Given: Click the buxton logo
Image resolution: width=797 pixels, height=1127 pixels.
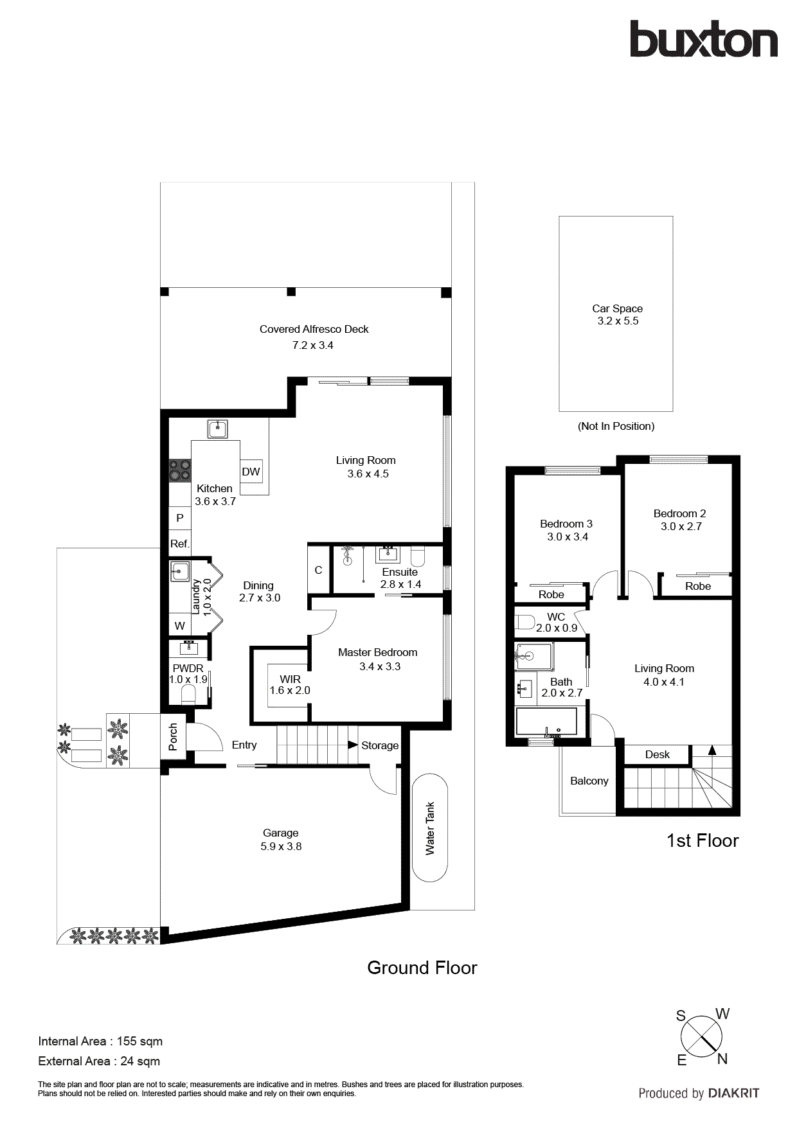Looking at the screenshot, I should tap(703, 40).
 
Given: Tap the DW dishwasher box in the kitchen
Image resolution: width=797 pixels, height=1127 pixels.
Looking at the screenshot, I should tap(251, 472).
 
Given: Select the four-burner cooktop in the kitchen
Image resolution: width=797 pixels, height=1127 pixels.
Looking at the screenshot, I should tap(180, 470).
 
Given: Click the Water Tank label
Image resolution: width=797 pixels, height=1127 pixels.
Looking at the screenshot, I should tap(430, 828).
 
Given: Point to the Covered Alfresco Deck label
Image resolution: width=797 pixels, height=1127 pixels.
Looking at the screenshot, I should tap(314, 329).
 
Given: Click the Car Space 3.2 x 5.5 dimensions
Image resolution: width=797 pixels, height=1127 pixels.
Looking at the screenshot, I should tap(618, 321).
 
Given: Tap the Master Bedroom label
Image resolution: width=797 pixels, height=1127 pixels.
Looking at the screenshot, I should tap(377, 652).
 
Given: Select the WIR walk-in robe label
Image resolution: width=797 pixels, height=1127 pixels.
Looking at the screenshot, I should tap(290, 679).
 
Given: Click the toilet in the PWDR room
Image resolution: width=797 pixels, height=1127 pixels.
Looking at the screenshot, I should tap(188, 694).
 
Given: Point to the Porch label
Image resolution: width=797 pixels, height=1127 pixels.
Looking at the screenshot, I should tap(173, 736).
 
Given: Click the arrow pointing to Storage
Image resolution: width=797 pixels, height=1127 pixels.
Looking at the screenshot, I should tap(353, 745).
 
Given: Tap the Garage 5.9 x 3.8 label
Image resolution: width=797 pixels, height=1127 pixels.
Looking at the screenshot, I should tap(281, 839).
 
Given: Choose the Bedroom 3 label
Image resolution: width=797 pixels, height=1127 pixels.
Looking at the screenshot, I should tap(566, 524).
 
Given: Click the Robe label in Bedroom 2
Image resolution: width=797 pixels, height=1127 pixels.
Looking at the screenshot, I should tap(697, 586).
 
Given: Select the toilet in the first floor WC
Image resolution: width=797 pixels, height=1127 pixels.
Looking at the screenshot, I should tap(525, 622).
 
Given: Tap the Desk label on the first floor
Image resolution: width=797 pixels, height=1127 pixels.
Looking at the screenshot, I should tap(657, 754).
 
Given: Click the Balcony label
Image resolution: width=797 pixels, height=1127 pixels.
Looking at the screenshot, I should tap(589, 781).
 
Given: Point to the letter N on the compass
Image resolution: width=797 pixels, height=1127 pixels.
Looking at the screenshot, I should tap(722, 1059).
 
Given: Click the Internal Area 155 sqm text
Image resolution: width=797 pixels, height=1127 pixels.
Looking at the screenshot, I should tap(100, 1041).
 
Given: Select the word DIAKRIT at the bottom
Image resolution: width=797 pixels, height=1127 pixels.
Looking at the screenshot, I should tap(733, 1093).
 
